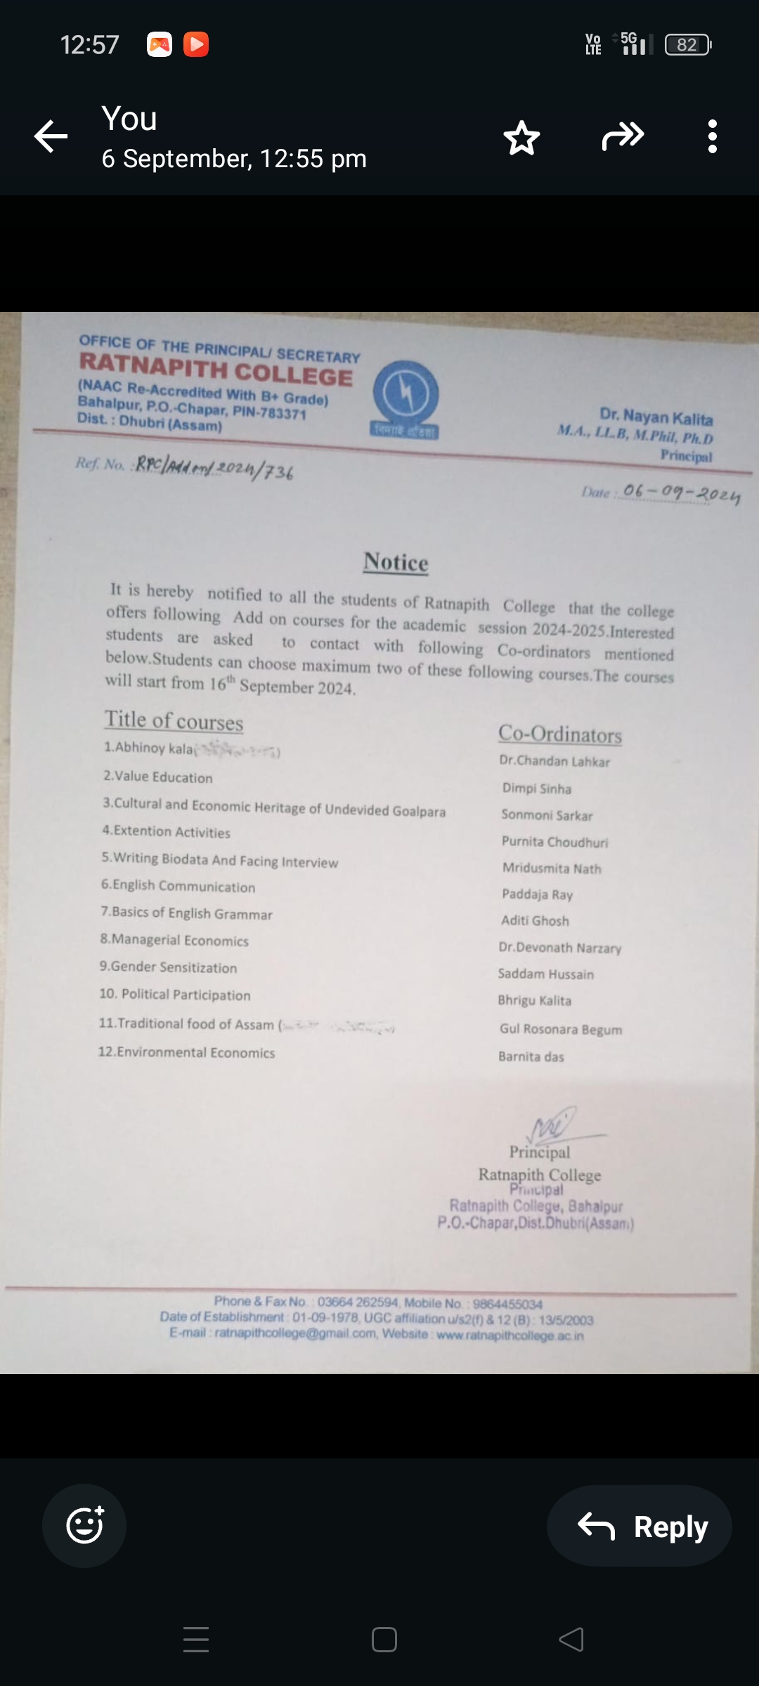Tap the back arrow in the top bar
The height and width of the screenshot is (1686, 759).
pos(51,136)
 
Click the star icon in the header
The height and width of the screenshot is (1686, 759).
pos(521,138)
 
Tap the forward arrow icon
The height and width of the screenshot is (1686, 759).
pos(623,136)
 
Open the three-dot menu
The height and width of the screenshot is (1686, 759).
pos(712,136)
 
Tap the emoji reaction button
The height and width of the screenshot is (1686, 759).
pos(84,1525)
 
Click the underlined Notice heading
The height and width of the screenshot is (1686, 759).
pos(396,562)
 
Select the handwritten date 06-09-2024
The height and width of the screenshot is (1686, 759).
pos(681,494)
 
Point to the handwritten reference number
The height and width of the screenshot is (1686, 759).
pos(214,467)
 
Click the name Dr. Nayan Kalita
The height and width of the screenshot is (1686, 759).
pos(656,418)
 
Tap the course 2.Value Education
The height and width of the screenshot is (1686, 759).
pos(158,777)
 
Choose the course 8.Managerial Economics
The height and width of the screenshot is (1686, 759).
pos(174,940)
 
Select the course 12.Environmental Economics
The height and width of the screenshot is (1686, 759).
pos(186,1052)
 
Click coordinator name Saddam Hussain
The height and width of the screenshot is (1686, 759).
pos(545,974)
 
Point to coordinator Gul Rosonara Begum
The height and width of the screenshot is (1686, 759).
pos(560,1029)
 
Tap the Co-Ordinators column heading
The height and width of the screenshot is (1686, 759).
pos(560,734)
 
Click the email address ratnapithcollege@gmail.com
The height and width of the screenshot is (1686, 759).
pos(295,1333)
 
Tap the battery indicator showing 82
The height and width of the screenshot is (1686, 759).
pos(687,45)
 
